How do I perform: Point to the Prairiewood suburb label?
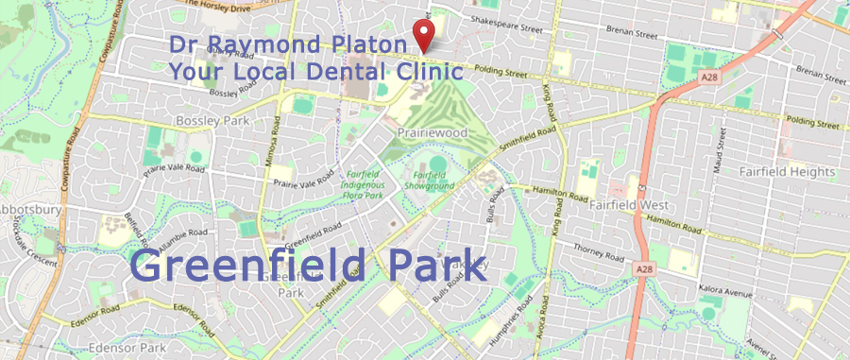click(x=433, y=133)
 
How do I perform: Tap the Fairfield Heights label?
click(x=790, y=172)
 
